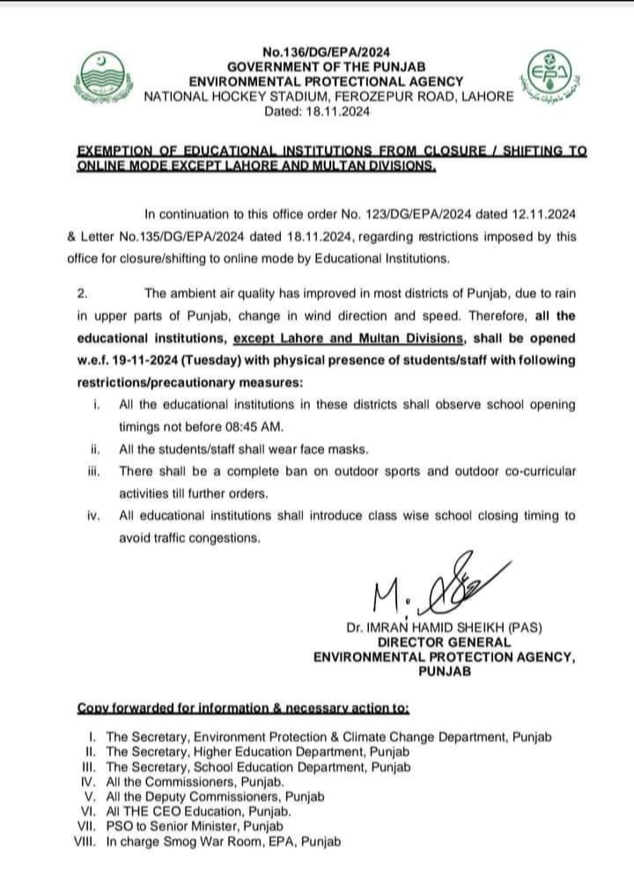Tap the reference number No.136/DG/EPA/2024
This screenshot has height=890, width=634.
[326, 53]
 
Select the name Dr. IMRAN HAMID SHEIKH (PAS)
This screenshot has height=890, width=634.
[445, 627]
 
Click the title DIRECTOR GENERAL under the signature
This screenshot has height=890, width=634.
[444, 642]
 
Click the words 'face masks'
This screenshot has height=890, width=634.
[312, 449]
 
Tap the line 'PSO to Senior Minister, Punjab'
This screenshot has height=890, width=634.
[195, 827]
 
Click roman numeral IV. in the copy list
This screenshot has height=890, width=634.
[87, 782]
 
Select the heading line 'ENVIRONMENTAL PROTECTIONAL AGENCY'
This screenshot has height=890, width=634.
[327, 82]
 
